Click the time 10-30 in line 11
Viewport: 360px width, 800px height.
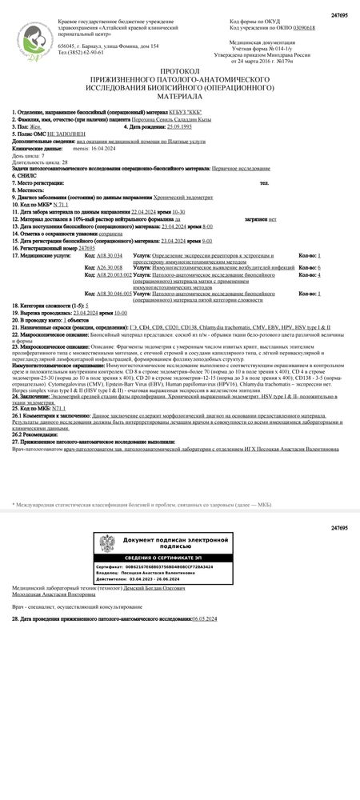point(178,210)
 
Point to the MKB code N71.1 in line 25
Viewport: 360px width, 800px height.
point(58,407)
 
